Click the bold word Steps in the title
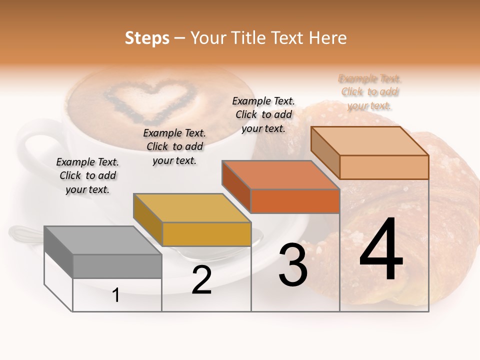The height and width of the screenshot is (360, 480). pos(147,38)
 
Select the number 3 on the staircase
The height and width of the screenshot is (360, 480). pos(292,265)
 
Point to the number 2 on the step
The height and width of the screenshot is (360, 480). pos(201,280)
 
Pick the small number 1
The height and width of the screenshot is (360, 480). pos(116,295)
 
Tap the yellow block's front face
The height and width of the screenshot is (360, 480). pos(206,234)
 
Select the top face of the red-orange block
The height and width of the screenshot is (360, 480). pos(280,175)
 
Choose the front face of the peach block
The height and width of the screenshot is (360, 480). pos(384,167)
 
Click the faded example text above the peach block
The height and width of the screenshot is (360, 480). pos(369,92)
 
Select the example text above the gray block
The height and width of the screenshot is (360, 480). pos(87,175)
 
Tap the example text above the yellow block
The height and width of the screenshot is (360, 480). pos(174,146)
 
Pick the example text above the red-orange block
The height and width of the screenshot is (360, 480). pos(263,114)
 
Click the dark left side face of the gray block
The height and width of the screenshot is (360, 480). pos(58,252)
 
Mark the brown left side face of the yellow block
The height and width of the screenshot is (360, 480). pos(148,219)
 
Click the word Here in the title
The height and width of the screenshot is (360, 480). pos(328,38)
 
